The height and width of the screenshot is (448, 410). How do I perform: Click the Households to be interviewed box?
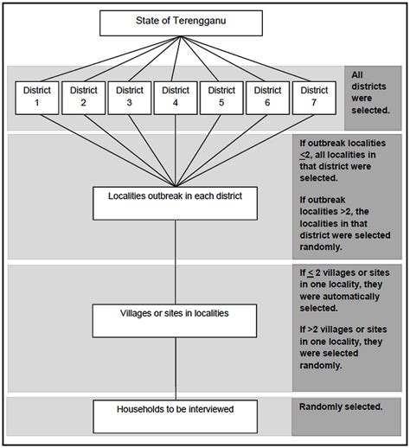(176, 414)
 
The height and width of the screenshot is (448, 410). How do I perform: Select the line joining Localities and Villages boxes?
(176, 259)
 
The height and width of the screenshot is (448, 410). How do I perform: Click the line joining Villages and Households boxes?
(176, 368)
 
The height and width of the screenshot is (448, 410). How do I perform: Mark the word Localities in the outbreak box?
(129, 194)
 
